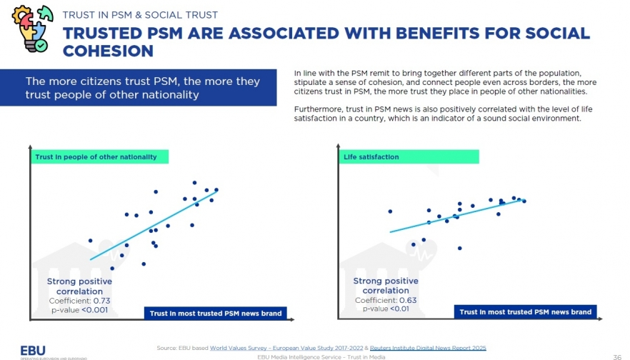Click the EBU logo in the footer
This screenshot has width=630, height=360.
[33, 350]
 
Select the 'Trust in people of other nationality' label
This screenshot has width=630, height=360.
[99, 156]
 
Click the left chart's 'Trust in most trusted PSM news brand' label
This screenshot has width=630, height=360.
[216, 313]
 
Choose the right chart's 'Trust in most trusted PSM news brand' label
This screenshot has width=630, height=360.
[525, 312]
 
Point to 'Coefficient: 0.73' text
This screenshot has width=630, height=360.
[79, 301]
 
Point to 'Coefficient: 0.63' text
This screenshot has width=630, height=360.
[386, 300]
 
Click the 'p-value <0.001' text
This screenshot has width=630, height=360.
[79, 309]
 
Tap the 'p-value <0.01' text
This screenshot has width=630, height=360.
[386, 309]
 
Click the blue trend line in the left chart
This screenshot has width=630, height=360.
[154, 226]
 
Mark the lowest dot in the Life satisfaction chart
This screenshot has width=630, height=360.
[459, 248]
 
